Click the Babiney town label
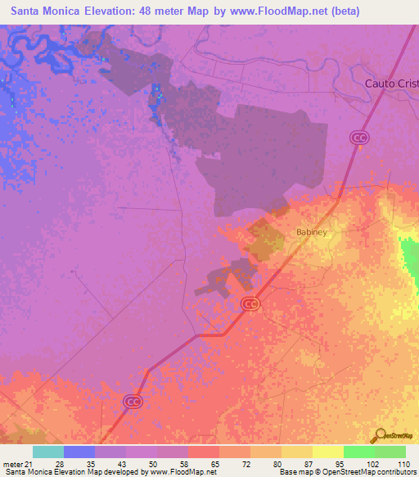click(x=312, y=233)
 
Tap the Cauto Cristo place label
click(x=391, y=84)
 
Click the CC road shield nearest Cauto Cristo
click(x=358, y=138)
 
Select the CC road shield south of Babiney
click(x=250, y=304)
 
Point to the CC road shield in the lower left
click(x=132, y=401)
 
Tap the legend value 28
click(x=59, y=464)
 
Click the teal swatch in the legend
click(x=48, y=452)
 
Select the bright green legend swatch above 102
click(x=358, y=452)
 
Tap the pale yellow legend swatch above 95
click(x=327, y=452)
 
